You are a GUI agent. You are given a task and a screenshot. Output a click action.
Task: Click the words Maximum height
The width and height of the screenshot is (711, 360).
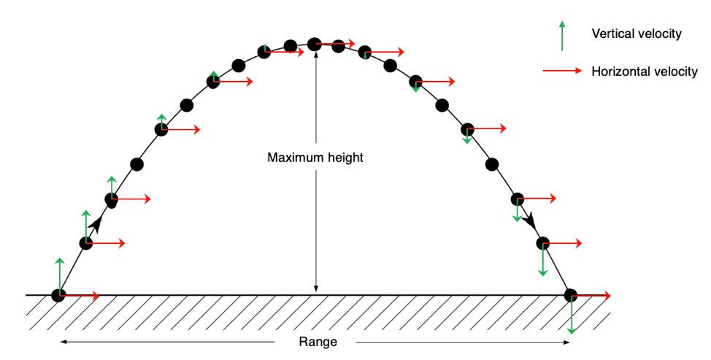point(315,157)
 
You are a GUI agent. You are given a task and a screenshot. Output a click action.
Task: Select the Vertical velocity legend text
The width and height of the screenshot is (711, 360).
point(637,34)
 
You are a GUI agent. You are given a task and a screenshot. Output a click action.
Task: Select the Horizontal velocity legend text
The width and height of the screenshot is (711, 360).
point(645,71)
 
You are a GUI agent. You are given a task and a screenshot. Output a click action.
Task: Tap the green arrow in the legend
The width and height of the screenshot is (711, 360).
point(561,34)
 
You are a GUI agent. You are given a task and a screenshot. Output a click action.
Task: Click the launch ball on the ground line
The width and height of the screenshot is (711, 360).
point(58,295)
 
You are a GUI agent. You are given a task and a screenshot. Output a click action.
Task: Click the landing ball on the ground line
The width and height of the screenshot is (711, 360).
point(571,296)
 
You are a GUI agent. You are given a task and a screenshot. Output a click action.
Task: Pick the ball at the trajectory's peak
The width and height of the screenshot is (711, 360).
point(315,45)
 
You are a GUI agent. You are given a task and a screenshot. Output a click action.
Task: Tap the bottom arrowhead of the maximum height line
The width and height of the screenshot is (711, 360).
point(315,290)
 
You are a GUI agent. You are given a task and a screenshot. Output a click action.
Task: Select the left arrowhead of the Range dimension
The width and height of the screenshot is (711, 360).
point(64,342)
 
